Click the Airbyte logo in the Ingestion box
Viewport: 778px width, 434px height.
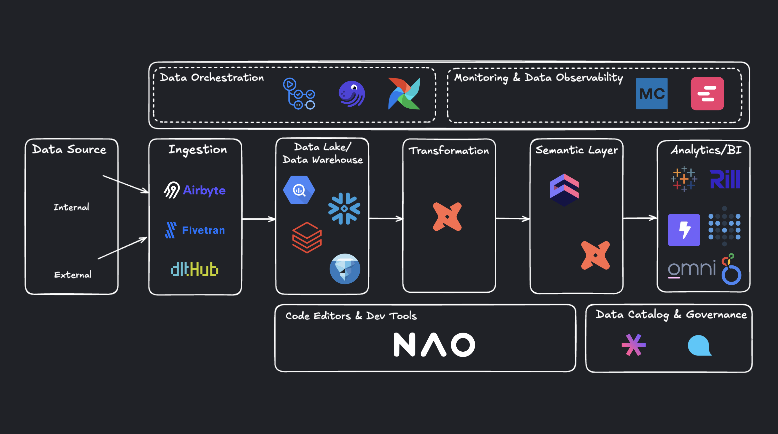(194, 190)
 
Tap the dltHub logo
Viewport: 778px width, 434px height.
(194, 269)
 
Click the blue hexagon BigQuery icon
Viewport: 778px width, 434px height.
(299, 190)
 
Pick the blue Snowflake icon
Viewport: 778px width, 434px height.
(344, 209)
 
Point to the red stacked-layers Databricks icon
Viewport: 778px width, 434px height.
(307, 237)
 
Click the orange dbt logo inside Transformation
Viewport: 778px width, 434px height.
(447, 217)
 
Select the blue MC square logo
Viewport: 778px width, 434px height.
(652, 94)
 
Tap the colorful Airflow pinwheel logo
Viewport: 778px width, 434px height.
(404, 93)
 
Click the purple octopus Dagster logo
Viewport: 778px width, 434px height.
(351, 94)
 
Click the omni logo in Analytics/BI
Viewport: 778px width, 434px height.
(692, 269)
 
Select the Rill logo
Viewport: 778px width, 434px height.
(724, 179)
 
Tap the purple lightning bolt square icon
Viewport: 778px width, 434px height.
(684, 230)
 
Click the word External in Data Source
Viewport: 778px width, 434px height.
(73, 275)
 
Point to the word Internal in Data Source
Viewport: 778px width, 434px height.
(72, 207)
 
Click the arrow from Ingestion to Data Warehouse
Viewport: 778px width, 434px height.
(259, 219)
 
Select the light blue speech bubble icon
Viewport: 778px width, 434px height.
(700, 345)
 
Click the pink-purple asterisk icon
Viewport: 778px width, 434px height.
(633, 345)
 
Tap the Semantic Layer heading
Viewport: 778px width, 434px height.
(577, 150)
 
